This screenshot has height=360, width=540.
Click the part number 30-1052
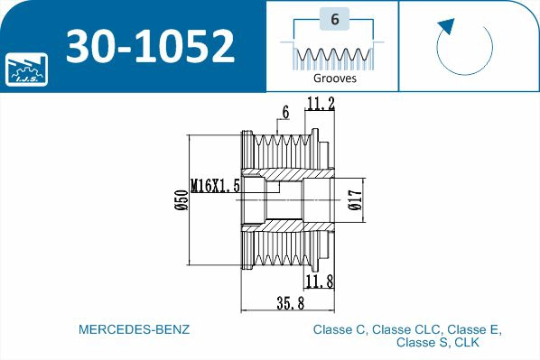(x=150, y=45)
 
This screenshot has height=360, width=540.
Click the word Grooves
(x=333, y=78)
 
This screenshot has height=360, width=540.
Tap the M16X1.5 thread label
(x=214, y=186)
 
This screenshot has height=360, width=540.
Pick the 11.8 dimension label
(x=321, y=282)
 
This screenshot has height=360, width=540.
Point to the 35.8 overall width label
(x=290, y=304)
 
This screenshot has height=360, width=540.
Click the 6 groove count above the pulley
(x=285, y=113)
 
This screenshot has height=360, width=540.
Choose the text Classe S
(x=420, y=343)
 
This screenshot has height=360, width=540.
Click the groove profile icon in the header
(x=333, y=55)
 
